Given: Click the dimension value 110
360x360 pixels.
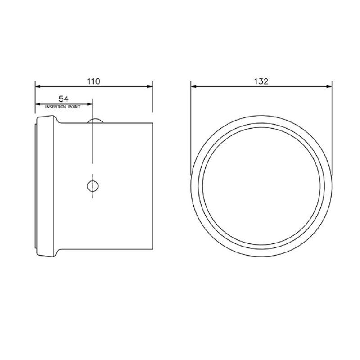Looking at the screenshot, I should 93,81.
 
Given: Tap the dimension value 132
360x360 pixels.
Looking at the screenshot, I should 261,81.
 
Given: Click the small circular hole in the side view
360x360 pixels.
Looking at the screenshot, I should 93,185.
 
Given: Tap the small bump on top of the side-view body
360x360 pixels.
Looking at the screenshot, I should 95,120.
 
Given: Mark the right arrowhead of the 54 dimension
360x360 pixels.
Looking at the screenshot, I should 90,104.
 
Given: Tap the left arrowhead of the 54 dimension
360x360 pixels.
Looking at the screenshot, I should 38,104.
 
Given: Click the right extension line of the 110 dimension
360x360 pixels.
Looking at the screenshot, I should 153,97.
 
